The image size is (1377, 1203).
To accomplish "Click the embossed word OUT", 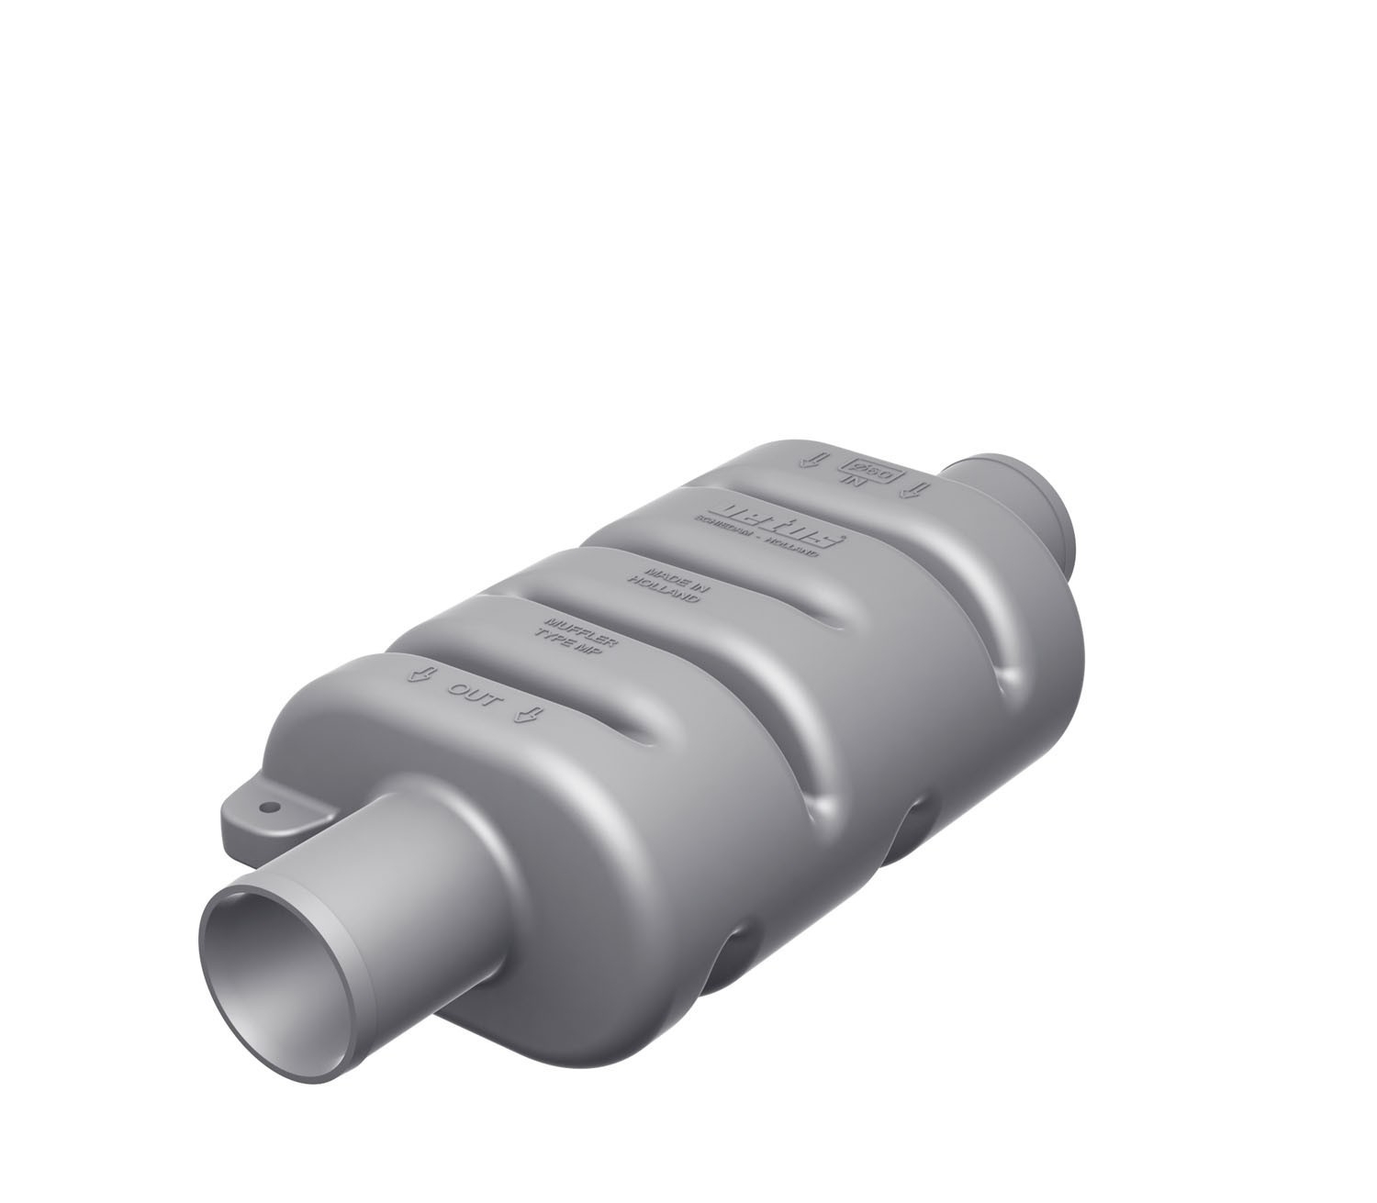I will (476, 697).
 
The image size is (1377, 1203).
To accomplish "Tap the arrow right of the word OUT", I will (528, 717).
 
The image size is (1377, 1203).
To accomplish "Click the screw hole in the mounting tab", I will (270, 807).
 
